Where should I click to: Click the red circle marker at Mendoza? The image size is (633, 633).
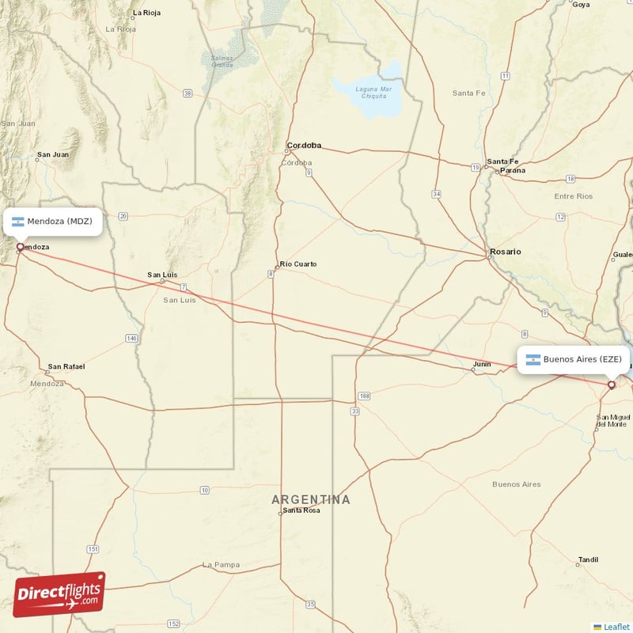click(x=20, y=247)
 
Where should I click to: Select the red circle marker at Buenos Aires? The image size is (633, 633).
click(x=611, y=385)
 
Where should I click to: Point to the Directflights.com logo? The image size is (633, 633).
click(x=59, y=594)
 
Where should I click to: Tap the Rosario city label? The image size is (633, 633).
click(x=506, y=252)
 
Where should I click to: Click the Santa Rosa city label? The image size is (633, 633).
click(x=301, y=511)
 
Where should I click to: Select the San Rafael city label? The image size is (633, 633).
click(x=66, y=366)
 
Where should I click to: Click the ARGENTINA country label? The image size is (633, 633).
click(x=311, y=499)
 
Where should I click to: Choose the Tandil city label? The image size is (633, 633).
click(x=588, y=559)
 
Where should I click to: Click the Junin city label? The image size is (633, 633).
click(x=481, y=365)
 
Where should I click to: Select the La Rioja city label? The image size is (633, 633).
click(x=147, y=13)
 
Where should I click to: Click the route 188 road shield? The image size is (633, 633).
click(x=364, y=395)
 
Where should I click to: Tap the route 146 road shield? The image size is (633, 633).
click(x=131, y=338)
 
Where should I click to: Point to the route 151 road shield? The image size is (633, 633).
click(x=93, y=549)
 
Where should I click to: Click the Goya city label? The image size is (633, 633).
click(x=581, y=4)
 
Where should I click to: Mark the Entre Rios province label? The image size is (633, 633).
click(x=574, y=196)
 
